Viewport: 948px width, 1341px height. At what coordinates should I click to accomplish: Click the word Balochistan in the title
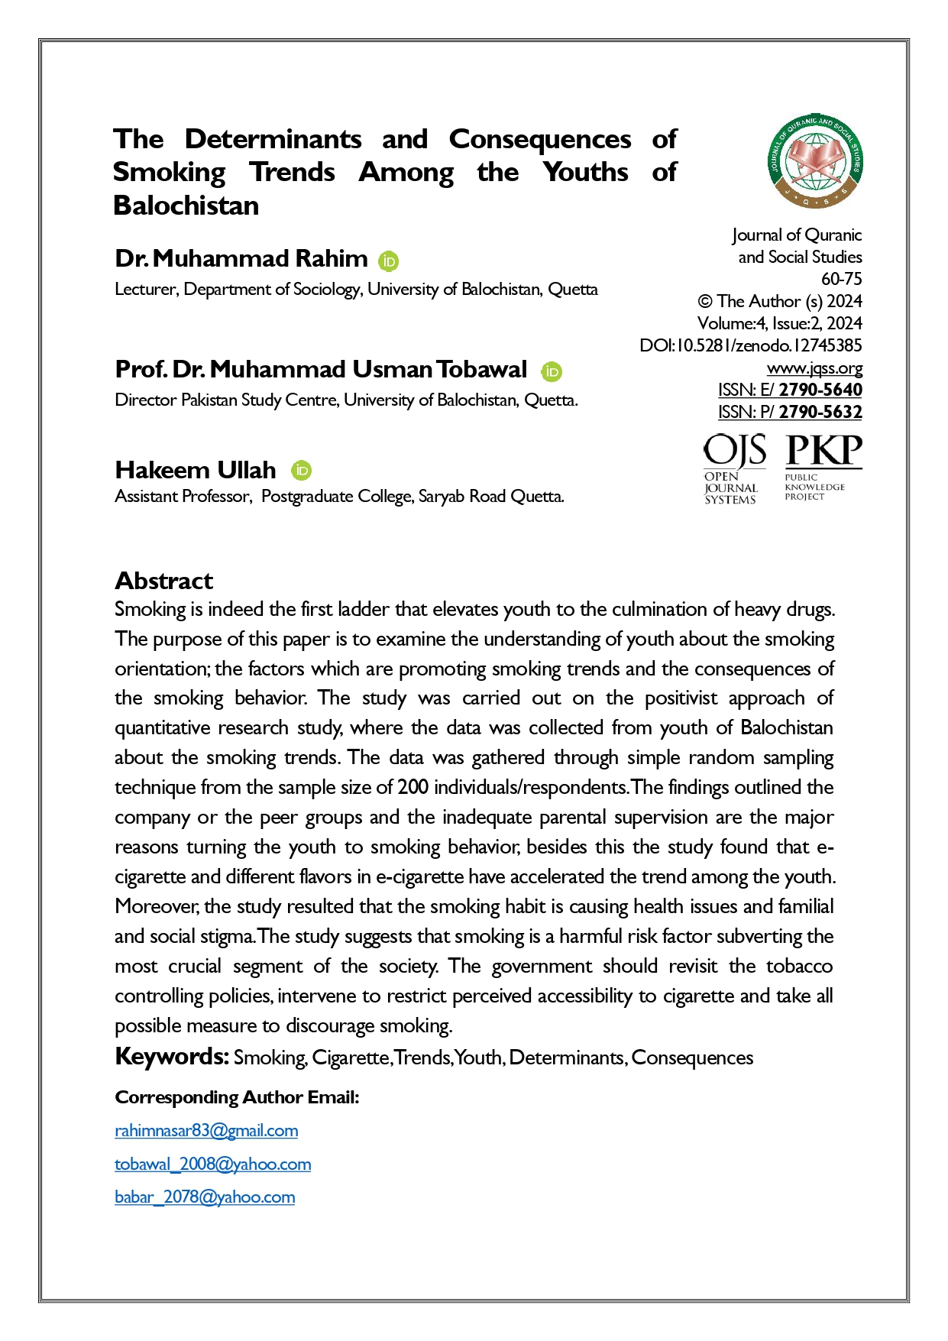point(186,206)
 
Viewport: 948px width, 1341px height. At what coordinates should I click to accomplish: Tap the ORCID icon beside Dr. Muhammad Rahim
point(388,261)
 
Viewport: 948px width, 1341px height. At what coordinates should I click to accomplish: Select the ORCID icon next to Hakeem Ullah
point(302,471)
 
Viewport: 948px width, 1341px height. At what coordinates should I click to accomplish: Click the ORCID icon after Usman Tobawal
point(552,372)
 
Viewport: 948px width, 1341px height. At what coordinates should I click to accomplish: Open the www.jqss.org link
point(814,368)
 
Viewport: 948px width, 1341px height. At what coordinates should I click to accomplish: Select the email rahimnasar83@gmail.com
point(206,1130)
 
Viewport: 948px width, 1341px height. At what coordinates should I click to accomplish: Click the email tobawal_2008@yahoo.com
point(212,1164)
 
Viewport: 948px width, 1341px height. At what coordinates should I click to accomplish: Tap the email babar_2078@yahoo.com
point(205,1197)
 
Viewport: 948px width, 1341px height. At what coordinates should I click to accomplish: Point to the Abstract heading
point(163,581)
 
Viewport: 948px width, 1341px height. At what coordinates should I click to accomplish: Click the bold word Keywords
point(172,1057)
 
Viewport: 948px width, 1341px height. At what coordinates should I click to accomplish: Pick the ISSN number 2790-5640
point(820,390)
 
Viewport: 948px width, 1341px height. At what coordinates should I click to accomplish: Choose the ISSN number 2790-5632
point(820,412)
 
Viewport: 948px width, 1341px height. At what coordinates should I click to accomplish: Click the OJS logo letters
point(734,451)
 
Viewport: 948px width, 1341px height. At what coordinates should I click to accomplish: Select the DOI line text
point(750,345)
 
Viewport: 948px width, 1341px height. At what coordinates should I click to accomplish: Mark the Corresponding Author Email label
point(237,1097)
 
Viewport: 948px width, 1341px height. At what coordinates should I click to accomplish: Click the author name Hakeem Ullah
point(195,470)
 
